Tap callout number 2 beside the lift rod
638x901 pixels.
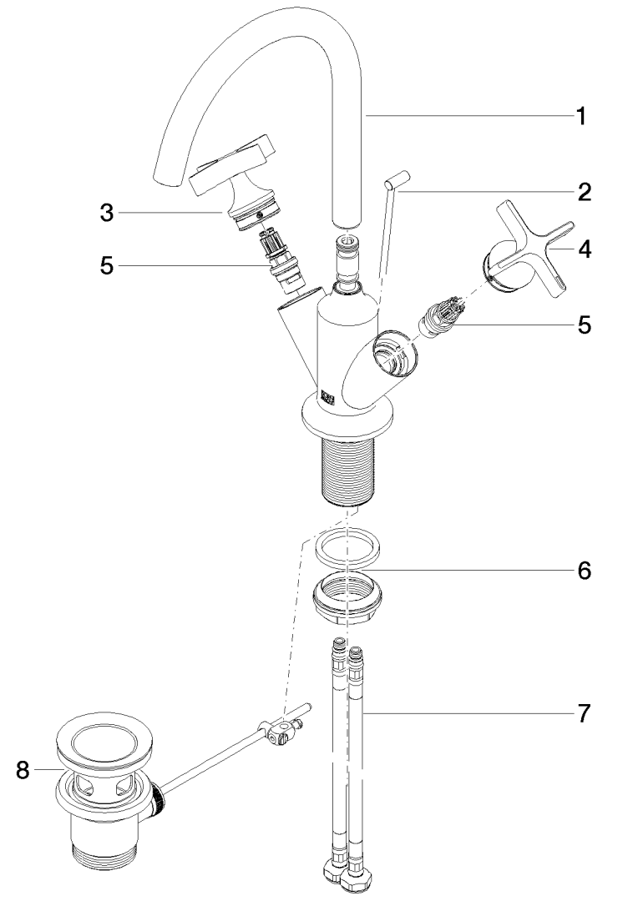(x=584, y=192)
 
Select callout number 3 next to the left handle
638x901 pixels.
(x=106, y=214)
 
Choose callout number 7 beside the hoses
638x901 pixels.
(x=584, y=713)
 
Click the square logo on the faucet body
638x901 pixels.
(x=327, y=398)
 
